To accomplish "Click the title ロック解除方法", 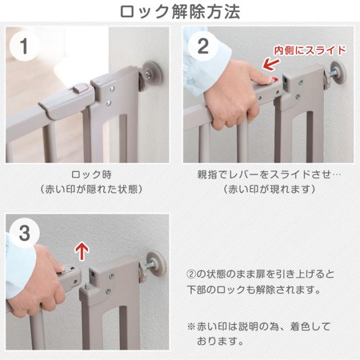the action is click(180, 12).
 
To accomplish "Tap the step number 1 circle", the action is click(24, 46).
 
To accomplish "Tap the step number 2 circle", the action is click(203, 46).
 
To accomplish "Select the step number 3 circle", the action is click(25, 233).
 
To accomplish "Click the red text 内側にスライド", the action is click(310, 50).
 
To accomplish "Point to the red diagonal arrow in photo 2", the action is click(271, 64).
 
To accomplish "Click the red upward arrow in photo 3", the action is click(82, 251).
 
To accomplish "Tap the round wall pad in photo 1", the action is click(152, 74).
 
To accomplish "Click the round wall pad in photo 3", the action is click(156, 264).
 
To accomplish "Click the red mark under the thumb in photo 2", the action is click(274, 80).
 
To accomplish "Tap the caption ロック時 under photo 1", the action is click(91, 175).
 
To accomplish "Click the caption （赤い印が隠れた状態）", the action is click(91, 190).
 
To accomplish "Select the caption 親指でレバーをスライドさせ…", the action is click(269, 175).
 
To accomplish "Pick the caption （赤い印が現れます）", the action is click(269, 190).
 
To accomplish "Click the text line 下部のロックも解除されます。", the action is click(254, 290).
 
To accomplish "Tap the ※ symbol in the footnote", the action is click(191, 326).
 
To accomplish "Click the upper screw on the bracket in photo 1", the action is click(111, 89).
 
